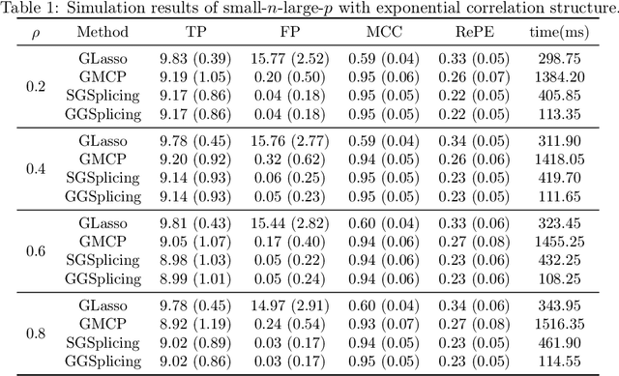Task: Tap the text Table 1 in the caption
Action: (x=30, y=9)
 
